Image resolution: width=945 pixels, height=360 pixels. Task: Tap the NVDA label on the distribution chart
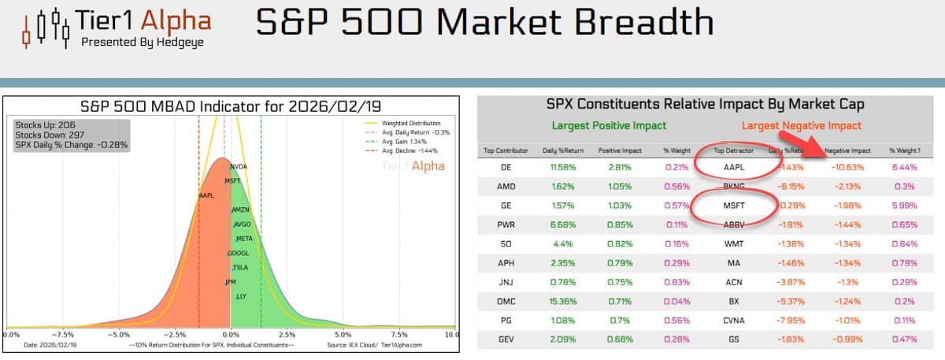coord(238,167)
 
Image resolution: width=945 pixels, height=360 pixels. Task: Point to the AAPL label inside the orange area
coord(206,195)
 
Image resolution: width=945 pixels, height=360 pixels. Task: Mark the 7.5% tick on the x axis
coord(398,334)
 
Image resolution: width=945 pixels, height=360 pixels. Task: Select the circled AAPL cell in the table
coord(733,167)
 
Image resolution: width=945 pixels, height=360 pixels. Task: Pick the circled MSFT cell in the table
coord(733,205)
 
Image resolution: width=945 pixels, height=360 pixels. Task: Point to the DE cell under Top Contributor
coord(506,167)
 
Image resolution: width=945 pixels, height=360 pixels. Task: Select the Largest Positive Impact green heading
coord(609,125)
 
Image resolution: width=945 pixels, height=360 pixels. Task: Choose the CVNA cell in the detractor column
coord(733,320)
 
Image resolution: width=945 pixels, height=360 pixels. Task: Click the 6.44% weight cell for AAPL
coord(904,167)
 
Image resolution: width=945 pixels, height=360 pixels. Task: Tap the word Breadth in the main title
coord(640,24)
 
